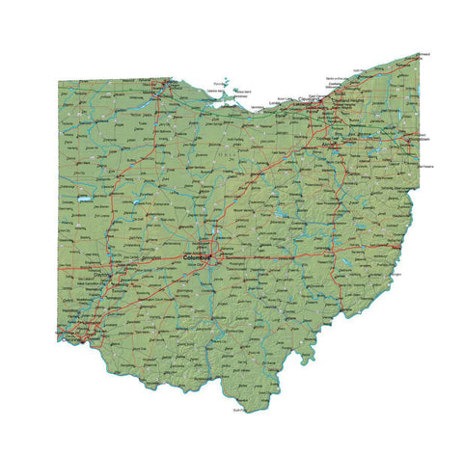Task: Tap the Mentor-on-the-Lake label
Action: (337, 77)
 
